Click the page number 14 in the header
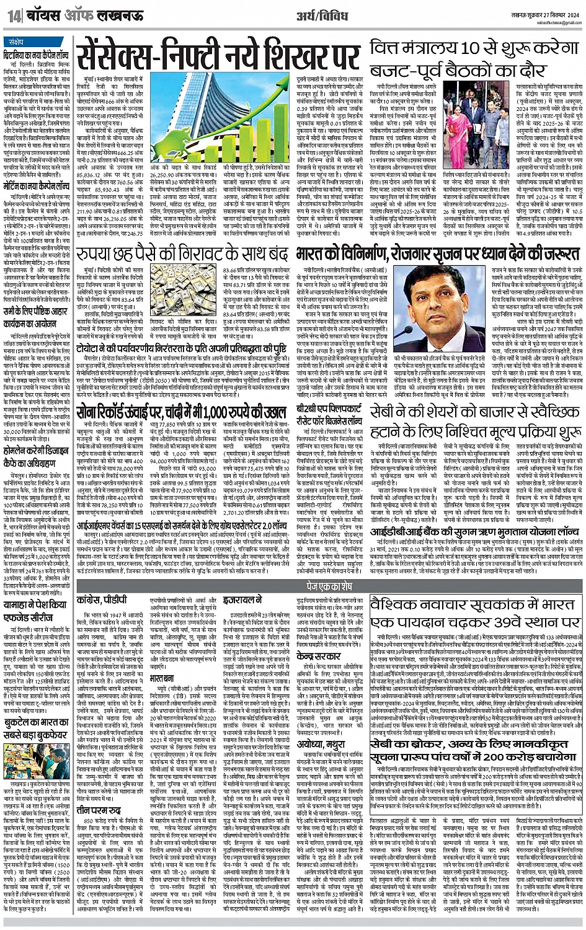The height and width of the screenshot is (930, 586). pos(12,15)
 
